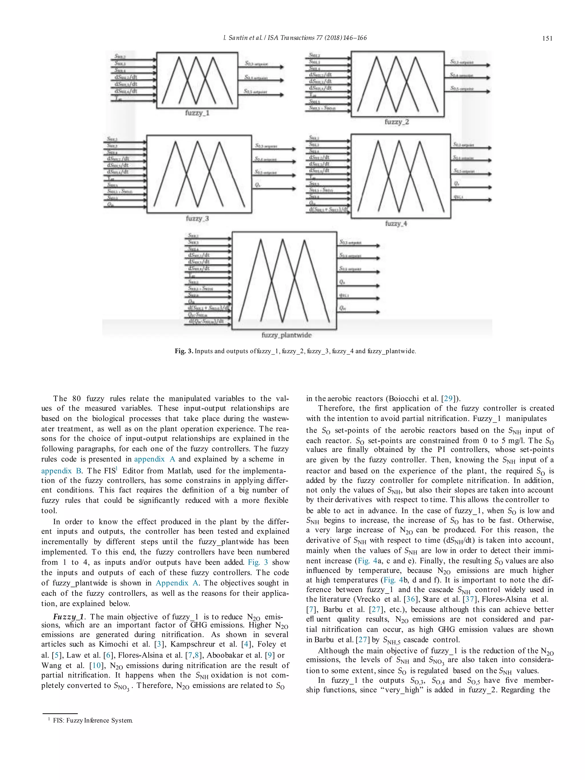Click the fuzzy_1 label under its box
coord(197,113)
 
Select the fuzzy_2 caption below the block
coord(397,122)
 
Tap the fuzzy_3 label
coord(197,218)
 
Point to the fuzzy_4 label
coord(396,224)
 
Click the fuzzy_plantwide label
coord(286,335)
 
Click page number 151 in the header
coord(547,39)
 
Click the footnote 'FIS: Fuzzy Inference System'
coord(93,720)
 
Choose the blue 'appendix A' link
coord(155,459)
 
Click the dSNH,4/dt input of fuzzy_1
coord(125,91)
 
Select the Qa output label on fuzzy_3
coord(257,185)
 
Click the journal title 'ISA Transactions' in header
coord(290,38)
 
